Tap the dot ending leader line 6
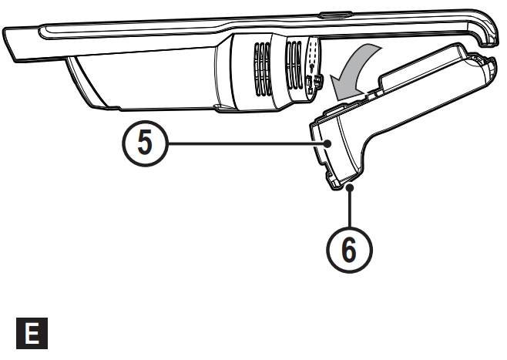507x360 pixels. [x=351, y=186]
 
